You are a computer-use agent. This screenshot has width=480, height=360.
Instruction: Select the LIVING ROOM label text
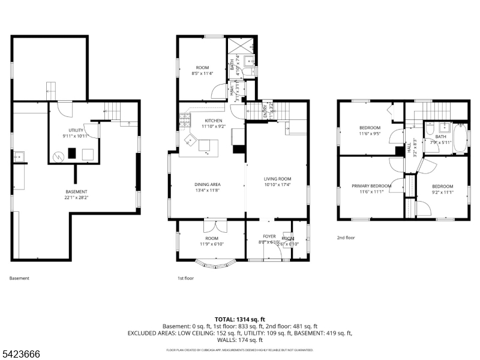pyautogui.click(x=277, y=179)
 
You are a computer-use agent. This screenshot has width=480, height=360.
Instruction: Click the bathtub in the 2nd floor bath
pyautogui.click(x=461, y=137)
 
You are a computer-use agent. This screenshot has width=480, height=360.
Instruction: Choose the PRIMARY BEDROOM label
pyautogui.click(x=371, y=186)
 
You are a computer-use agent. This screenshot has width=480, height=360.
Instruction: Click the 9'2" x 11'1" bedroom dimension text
pyautogui.click(x=442, y=192)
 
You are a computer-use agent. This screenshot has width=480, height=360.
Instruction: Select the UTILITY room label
pyautogui.click(x=75, y=130)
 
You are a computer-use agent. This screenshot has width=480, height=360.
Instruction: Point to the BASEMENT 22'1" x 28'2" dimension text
pyautogui.click(x=76, y=197)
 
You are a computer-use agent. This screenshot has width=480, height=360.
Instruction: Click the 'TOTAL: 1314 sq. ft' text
pyautogui.click(x=240, y=319)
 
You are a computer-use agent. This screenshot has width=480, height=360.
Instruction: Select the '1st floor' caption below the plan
pyautogui.click(x=185, y=278)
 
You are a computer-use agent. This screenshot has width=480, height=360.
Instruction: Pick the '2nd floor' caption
pyautogui.click(x=346, y=238)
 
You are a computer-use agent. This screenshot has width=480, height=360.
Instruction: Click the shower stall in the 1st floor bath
pyautogui.click(x=250, y=47)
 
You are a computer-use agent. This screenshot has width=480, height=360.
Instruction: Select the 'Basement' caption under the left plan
pyautogui.click(x=19, y=278)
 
